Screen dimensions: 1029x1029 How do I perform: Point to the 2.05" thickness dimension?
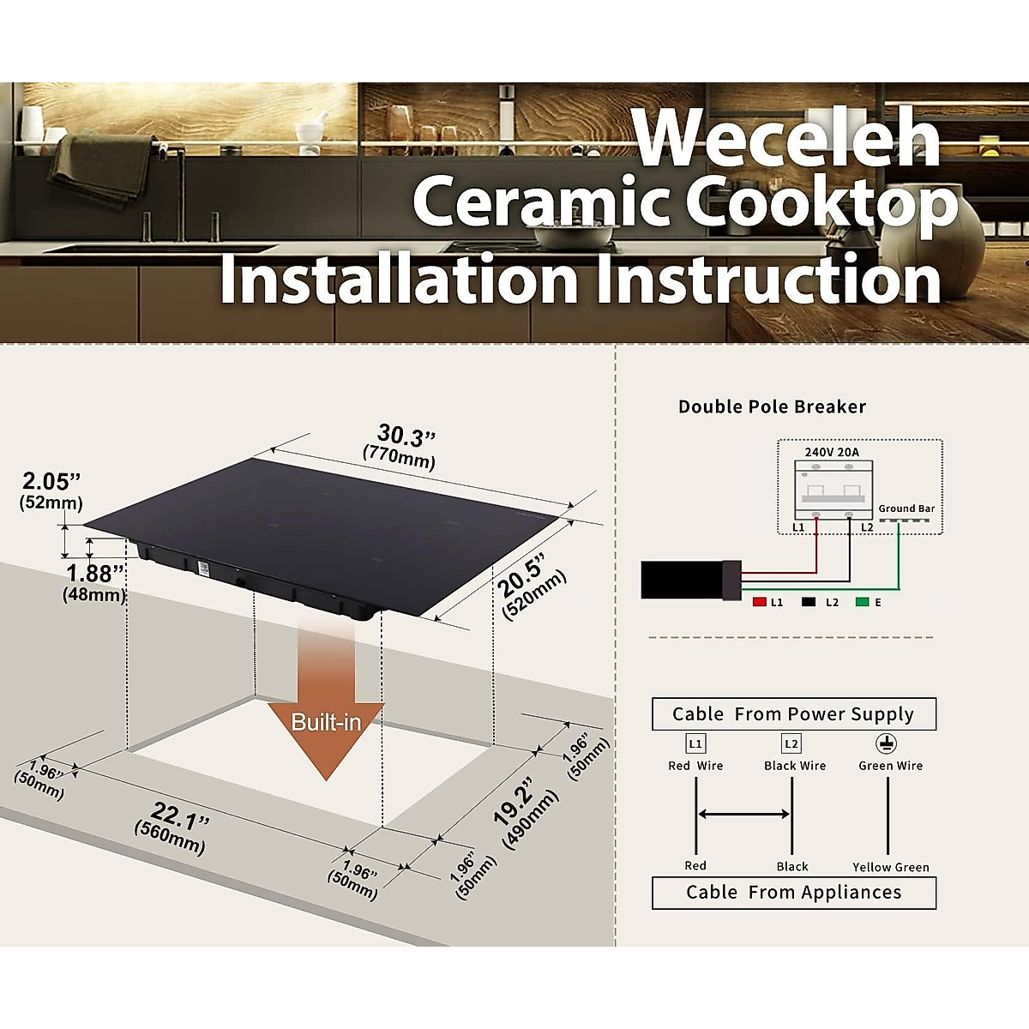click(51, 489)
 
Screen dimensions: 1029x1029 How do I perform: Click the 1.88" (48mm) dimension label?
click(95, 581)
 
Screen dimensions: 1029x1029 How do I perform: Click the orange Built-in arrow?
click(326, 703)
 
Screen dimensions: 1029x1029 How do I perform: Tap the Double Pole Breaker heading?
click(772, 406)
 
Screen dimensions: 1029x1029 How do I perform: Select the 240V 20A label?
click(831, 452)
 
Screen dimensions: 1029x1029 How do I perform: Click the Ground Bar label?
click(906, 508)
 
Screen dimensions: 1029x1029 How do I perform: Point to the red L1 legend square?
click(759, 602)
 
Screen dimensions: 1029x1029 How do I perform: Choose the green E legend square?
click(862, 602)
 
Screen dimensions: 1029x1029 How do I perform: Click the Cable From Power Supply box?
click(793, 714)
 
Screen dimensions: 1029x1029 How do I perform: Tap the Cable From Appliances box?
click(793, 893)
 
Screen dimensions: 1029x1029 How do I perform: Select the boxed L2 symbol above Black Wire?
click(791, 743)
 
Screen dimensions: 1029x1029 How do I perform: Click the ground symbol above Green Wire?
click(886, 743)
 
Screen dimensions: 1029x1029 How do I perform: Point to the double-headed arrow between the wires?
click(743, 814)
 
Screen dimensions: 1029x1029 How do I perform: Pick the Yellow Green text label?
click(891, 867)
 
